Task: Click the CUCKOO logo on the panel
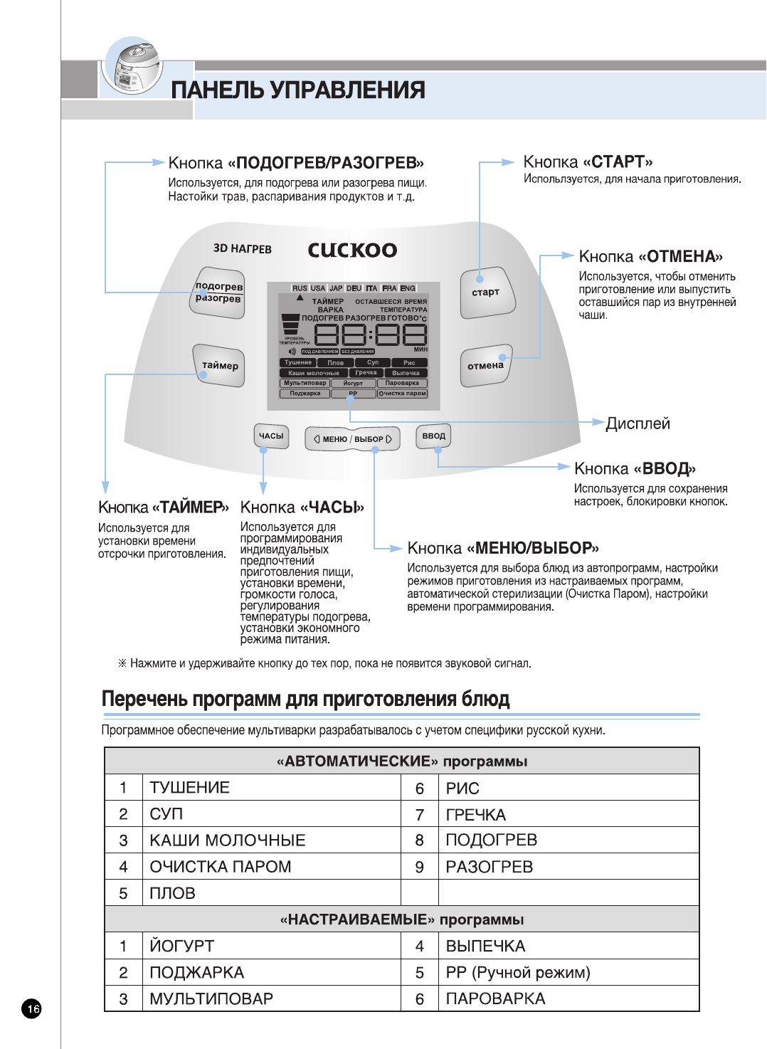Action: tap(352, 250)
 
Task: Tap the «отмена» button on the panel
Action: tap(485, 367)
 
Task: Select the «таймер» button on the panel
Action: tap(219, 366)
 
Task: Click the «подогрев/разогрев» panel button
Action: tap(219, 292)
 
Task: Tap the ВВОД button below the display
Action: tap(433, 436)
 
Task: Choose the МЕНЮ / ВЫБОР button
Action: tap(352, 439)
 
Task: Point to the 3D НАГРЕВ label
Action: tap(242, 248)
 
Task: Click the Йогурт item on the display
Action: tap(353, 383)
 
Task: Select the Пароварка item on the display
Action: tap(402, 383)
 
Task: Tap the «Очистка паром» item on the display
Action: tap(402, 393)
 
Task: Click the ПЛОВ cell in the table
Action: tap(172, 893)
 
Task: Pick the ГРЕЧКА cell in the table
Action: tap(475, 815)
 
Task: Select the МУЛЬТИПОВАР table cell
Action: tap(211, 998)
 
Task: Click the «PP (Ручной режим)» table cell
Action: tap(518, 972)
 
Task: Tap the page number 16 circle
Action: tap(32, 1008)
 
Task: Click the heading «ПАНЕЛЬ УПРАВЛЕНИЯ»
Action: tap(298, 90)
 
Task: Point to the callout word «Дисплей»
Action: tap(638, 424)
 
